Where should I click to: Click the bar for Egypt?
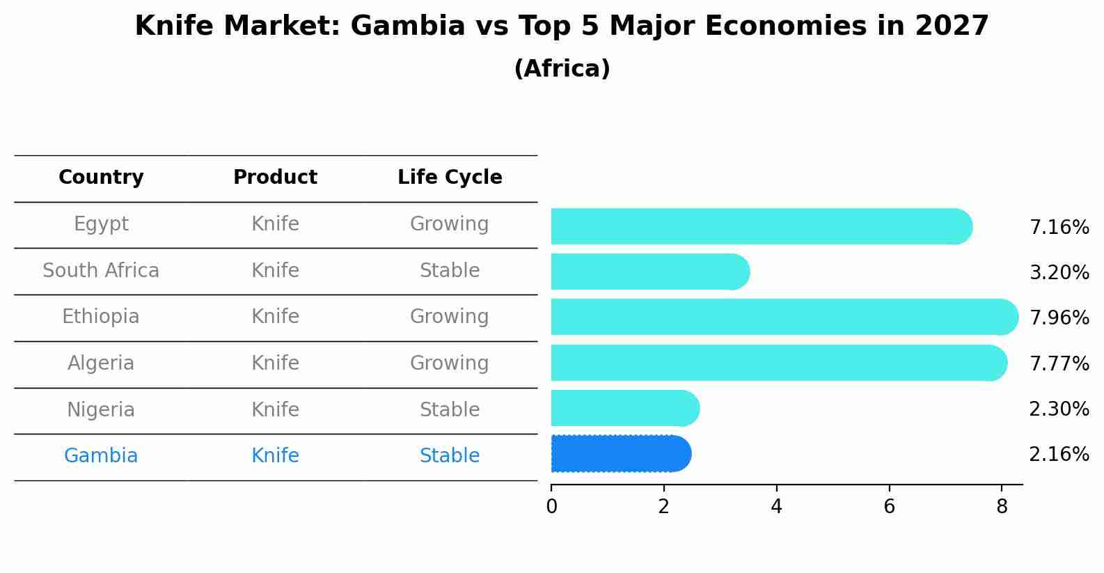point(759,226)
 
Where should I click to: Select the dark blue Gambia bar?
point(620,454)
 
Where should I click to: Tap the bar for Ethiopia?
point(783,317)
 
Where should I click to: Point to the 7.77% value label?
point(1059,363)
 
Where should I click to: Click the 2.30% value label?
point(1059,409)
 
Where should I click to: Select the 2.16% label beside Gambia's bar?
point(1059,455)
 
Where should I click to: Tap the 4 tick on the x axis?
point(776,507)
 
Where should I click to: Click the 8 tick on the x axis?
point(1002,507)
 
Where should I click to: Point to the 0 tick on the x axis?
point(551,507)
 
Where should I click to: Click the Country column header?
point(101,178)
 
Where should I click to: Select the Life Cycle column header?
point(450,178)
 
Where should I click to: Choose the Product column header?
point(275,178)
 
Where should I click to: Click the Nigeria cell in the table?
point(101,409)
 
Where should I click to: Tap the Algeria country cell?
point(101,363)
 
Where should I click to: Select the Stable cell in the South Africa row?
point(450,271)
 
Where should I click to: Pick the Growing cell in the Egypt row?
point(450,224)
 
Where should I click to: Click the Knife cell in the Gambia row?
point(275,456)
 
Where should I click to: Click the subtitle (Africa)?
point(562,69)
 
